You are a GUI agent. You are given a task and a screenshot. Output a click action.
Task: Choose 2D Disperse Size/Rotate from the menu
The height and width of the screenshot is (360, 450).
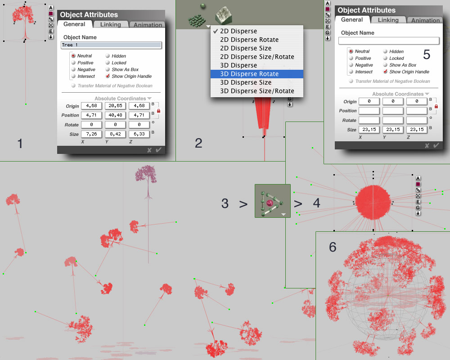coord(257,57)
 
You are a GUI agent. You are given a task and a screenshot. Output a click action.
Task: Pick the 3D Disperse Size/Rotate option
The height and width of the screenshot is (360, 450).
coord(257,91)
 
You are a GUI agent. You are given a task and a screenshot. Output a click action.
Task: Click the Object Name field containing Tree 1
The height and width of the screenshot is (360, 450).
coord(111,45)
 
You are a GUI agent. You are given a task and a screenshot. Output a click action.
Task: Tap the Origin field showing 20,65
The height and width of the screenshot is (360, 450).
coord(115,106)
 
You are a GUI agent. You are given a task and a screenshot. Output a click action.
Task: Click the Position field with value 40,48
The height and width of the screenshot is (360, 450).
coord(115,115)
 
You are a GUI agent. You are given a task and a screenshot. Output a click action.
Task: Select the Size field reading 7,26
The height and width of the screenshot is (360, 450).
coord(91,134)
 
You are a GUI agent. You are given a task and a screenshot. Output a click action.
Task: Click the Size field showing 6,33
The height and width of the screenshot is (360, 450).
coord(139,134)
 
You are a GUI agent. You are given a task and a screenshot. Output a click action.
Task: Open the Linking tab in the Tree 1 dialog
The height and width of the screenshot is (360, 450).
coord(111,25)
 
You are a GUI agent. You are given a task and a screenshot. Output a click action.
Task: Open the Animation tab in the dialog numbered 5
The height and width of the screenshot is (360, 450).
coord(425,20)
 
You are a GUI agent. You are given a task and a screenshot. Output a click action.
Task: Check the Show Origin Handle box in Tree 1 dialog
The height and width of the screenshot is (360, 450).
coord(108,76)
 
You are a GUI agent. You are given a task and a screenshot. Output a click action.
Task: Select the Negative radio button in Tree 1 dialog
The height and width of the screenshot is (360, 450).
coord(73,69)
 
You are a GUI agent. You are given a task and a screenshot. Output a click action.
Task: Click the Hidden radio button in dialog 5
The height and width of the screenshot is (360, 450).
coord(385,51)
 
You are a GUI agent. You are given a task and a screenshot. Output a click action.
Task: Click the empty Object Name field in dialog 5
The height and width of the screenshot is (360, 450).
coord(389,41)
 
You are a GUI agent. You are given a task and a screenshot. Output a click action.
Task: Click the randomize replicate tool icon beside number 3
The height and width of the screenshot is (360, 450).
coord(273,201)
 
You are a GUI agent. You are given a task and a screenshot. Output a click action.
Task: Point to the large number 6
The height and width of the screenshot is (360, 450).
coord(333,247)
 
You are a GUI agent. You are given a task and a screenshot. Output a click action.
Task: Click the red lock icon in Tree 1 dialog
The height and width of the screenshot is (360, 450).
coord(159,111)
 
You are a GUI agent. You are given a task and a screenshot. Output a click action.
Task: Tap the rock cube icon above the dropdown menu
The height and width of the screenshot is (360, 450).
coord(224,15)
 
